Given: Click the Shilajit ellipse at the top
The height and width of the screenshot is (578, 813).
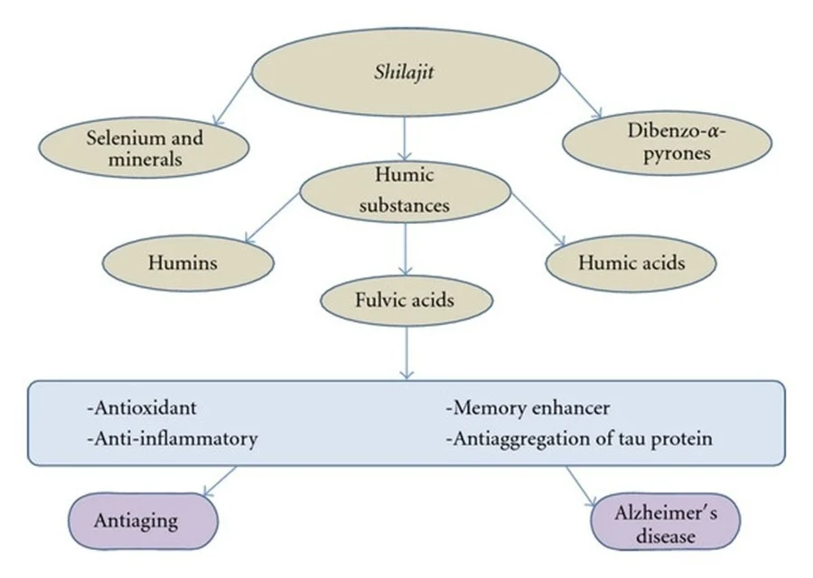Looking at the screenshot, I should (404, 73).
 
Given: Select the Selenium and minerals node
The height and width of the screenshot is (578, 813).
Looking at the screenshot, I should (145, 148).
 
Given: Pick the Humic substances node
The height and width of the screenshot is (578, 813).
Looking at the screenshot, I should (404, 191).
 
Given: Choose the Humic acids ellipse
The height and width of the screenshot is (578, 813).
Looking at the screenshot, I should (630, 263).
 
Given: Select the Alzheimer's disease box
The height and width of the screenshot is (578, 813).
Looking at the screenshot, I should (665, 522).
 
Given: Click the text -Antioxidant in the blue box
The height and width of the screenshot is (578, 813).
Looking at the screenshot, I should (142, 409).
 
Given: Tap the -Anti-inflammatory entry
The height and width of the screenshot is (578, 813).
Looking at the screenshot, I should (173, 439).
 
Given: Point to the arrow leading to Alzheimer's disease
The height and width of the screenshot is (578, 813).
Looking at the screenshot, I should (582, 488).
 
